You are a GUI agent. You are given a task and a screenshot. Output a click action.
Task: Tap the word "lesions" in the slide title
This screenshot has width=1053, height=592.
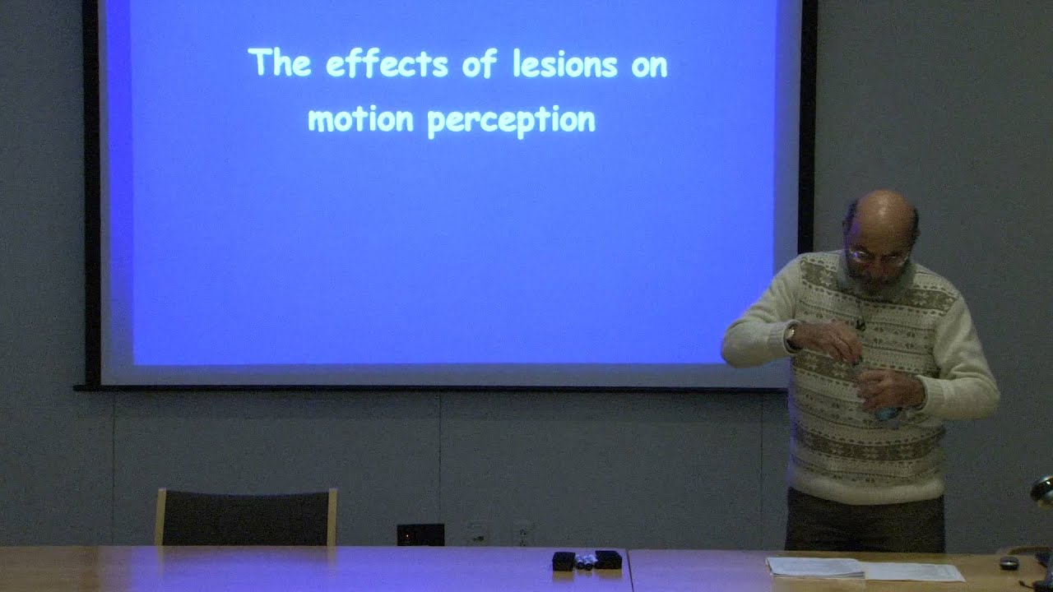coord(564,64)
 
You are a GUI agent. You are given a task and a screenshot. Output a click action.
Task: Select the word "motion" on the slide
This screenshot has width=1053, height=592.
coord(360,120)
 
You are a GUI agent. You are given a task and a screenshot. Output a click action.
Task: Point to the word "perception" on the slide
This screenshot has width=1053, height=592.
coord(511,121)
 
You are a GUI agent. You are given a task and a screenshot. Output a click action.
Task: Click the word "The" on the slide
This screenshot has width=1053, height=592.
coord(280,62)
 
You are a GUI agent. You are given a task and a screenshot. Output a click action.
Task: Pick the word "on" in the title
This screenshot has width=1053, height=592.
coord(649,66)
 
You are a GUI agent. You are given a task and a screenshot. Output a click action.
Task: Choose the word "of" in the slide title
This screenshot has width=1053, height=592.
coord(480,63)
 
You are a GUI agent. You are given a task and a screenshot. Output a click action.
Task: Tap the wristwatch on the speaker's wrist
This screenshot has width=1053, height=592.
coord(791,335)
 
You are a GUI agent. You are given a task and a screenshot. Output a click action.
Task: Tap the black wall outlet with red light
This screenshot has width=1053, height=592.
coord(420,534)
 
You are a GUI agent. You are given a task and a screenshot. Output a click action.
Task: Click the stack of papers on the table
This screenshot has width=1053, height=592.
coord(814,567)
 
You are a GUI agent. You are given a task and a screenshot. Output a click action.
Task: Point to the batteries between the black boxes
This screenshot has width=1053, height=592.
coord(585,561)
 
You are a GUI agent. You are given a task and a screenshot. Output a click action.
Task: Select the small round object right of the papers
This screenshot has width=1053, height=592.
coord(1009,563)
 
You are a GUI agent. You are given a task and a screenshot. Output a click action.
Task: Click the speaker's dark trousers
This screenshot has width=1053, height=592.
coord(864,522)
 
